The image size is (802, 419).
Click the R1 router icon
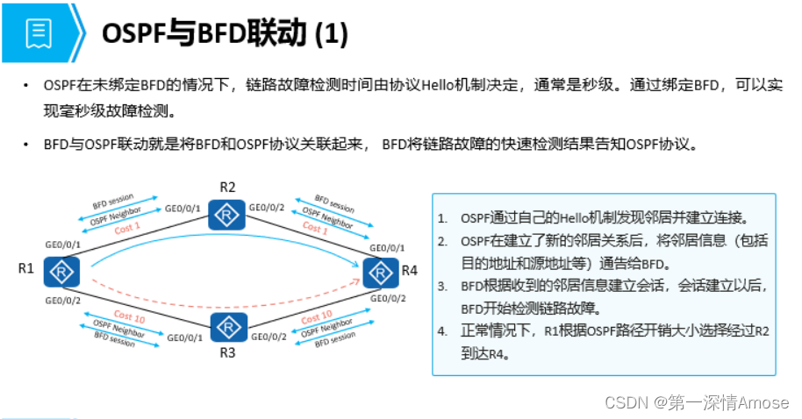[61, 271]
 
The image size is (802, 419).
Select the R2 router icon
[227, 214]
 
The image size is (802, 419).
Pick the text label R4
[410, 270]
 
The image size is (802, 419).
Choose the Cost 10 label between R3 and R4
[317, 317]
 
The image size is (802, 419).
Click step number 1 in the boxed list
[443, 217]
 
